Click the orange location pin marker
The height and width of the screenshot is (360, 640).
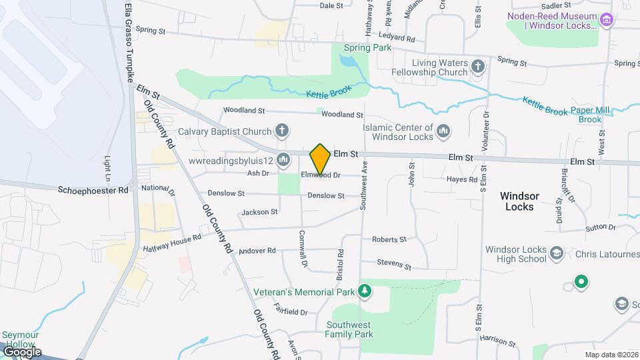320,159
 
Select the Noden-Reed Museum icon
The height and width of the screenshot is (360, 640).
607,21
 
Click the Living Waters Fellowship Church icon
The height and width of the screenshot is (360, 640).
477,66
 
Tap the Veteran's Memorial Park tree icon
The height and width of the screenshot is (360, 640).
364,290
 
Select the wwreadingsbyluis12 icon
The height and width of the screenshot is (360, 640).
283,159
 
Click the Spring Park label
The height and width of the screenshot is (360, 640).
367,48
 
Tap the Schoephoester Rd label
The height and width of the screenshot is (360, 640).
93,190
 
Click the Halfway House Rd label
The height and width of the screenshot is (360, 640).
172,243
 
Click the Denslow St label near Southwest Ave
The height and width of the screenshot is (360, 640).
326,196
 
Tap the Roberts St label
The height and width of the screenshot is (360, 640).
389,239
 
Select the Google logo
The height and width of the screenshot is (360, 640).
21,351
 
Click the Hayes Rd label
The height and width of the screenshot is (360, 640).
462,179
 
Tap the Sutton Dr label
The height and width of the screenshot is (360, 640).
601,227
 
